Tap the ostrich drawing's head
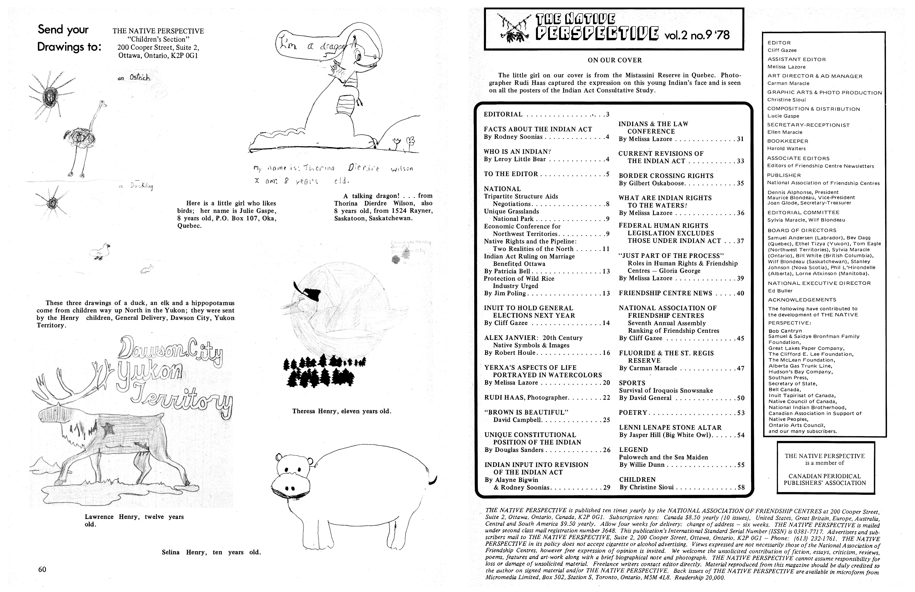(103, 103)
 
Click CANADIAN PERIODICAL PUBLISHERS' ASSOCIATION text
(825, 479)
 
